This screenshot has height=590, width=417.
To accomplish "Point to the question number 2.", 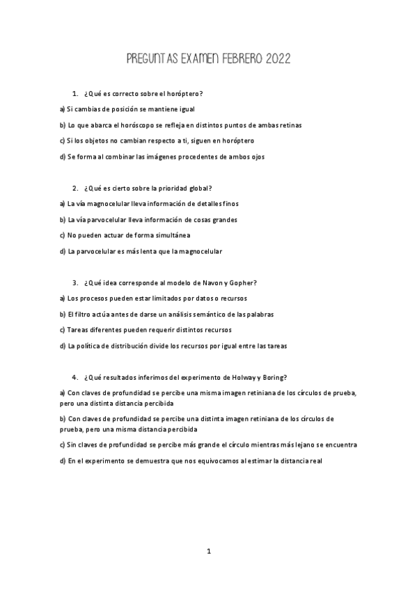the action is click(x=74, y=189).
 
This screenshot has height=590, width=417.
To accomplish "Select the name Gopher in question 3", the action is click(x=244, y=282).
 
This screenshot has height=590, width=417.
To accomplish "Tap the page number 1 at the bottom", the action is click(x=208, y=551).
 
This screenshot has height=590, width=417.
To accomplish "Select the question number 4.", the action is click(x=74, y=376).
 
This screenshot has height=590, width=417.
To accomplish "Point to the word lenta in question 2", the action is click(x=132, y=251).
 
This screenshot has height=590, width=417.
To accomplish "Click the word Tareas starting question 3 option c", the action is click(x=79, y=330).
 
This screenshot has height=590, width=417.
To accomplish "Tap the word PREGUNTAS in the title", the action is click(x=153, y=59).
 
